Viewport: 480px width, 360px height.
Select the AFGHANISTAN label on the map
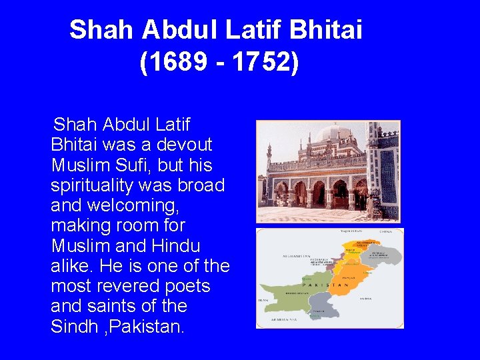point(278,255)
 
